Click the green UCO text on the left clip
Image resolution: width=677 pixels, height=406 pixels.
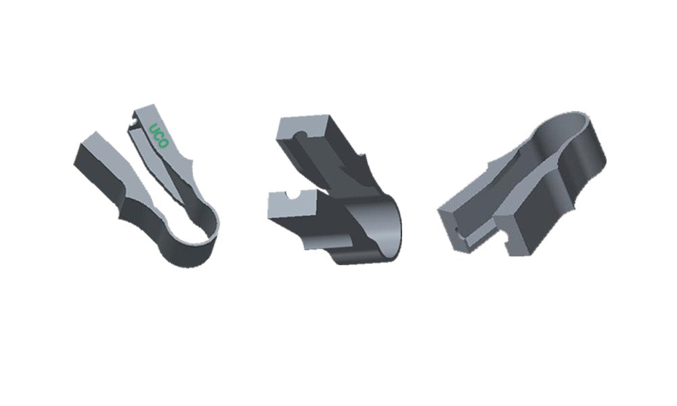(158, 136)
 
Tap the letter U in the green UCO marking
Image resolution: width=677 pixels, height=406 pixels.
(153, 129)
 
